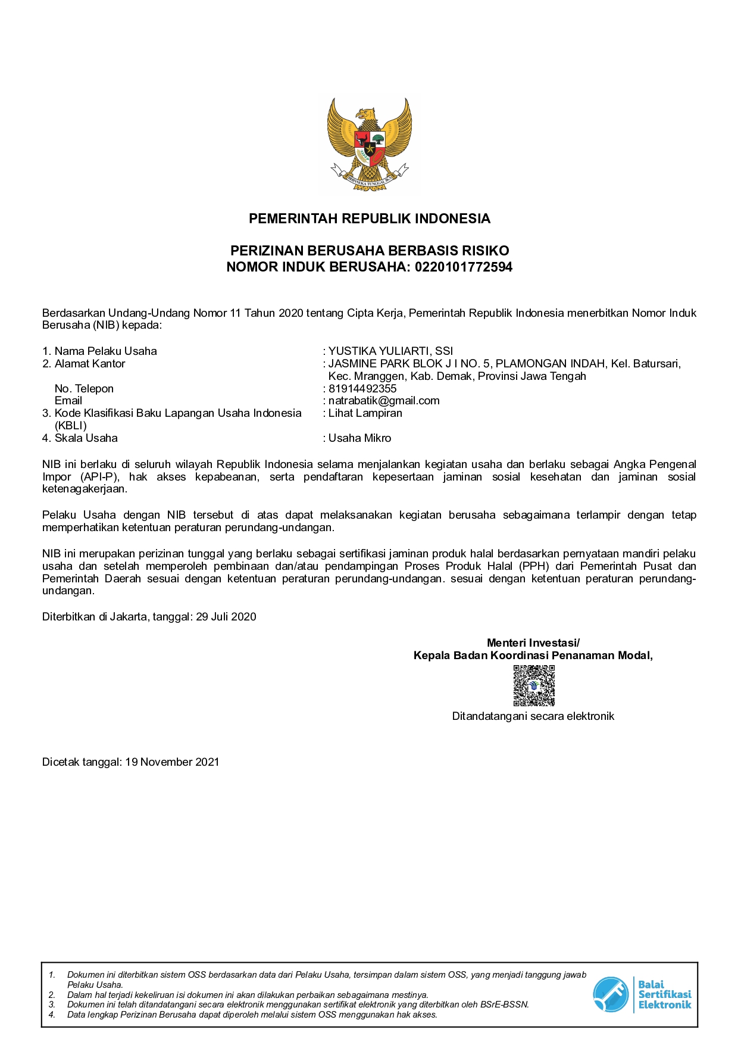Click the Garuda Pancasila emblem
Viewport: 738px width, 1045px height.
tap(369, 144)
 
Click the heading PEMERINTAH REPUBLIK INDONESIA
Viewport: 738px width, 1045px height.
tap(369, 219)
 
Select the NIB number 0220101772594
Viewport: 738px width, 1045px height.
tap(463, 267)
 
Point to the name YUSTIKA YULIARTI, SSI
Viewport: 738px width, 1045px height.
tap(390, 351)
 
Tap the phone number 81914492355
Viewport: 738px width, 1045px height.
tap(362, 388)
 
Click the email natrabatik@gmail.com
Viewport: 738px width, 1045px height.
tap(384, 401)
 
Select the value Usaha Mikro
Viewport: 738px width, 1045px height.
tap(359, 438)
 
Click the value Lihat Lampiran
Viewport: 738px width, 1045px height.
tap(365, 413)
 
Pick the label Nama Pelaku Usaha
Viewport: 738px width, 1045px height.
tap(105, 351)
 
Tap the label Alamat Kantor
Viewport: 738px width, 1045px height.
tap(90, 363)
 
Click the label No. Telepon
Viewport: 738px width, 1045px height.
tap(84, 388)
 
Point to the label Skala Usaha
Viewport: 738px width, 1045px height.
tap(86, 438)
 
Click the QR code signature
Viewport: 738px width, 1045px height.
tap(534, 685)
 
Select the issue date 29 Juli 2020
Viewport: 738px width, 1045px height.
tap(226, 617)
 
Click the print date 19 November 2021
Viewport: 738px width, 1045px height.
tap(172, 762)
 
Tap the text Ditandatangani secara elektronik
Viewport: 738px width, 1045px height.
tap(533, 716)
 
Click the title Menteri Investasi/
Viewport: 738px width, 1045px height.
tap(533, 642)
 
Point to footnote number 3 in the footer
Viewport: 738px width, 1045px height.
tap(52, 1005)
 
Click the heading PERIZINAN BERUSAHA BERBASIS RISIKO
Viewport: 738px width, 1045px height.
tap(369, 251)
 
